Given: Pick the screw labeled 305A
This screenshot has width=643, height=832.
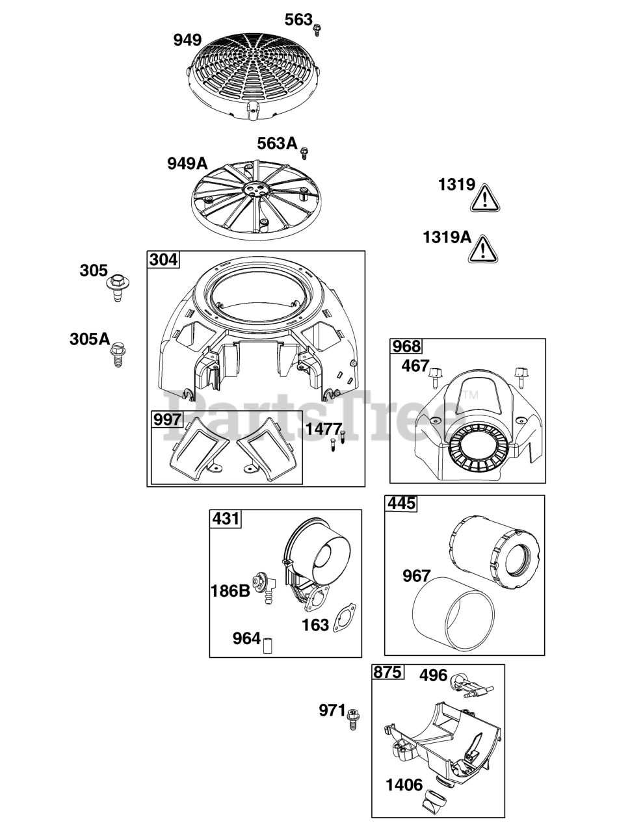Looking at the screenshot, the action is pyautogui.click(x=118, y=356).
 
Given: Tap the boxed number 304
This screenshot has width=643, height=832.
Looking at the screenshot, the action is pyautogui.click(x=163, y=260).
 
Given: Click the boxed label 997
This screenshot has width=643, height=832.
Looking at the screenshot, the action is pyautogui.click(x=167, y=420).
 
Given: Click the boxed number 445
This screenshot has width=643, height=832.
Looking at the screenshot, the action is pyautogui.click(x=401, y=504).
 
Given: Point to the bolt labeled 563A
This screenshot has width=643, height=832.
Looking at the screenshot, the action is pyautogui.click(x=304, y=153).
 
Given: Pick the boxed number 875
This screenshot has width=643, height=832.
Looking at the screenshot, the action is pyautogui.click(x=387, y=673).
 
